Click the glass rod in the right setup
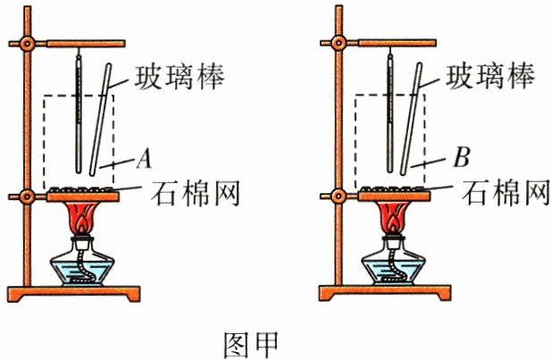[414, 116]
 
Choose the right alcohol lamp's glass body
[394, 266]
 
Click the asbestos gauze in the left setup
[81, 189]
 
